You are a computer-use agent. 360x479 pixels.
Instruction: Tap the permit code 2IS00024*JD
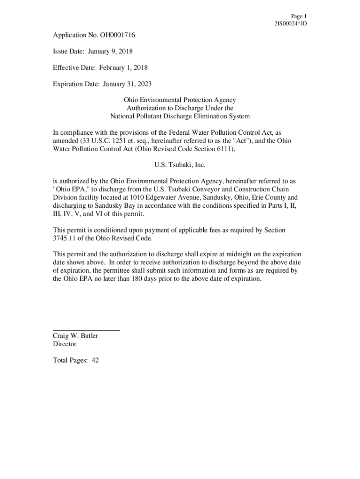coord(291,23)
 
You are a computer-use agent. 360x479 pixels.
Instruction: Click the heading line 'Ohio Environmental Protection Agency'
coord(180,100)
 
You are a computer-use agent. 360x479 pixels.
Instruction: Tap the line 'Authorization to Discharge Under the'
coord(180,108)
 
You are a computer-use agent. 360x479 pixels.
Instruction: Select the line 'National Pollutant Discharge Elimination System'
coord(180,116)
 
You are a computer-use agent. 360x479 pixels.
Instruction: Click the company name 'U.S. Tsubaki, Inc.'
coord(180,165)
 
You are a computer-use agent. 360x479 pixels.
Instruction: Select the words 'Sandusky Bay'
coord(115,205)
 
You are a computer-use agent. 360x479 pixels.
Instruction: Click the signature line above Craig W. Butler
coord(86,330)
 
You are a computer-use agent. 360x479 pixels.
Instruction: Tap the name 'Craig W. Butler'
coord(75,336)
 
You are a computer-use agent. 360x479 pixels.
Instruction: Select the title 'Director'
coord(65,344)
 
